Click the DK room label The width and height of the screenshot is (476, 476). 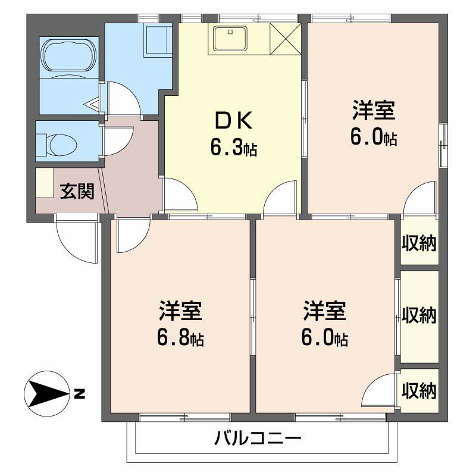(234, 121)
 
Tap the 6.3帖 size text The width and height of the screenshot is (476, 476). (233, 147)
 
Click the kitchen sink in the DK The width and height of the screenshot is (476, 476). (229, 39)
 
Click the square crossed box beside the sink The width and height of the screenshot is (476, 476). (286, 39)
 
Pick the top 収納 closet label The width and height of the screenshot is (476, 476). (419, 243)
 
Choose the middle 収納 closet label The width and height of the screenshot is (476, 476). (419, 314)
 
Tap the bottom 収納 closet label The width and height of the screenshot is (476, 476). (419, 391)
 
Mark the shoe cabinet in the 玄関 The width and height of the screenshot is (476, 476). (44, 183)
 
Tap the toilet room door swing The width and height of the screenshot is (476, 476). (117, 137)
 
